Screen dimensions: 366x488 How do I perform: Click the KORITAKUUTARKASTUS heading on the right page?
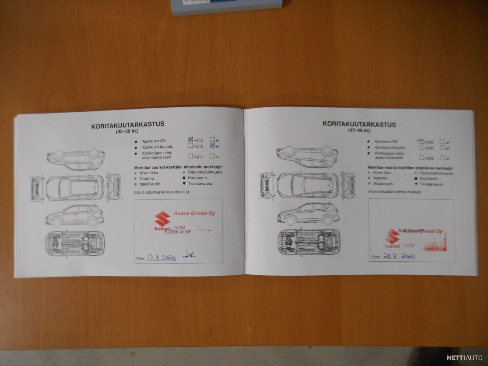(x=359, y=124)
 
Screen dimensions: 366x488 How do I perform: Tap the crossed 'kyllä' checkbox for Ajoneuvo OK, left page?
(x=190, y=139)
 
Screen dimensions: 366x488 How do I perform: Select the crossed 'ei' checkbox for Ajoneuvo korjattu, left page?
(x=212, y=146)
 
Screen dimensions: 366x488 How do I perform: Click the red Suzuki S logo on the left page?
(x=162, y=220)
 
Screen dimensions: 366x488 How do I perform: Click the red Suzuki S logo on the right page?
(x=392, y=237)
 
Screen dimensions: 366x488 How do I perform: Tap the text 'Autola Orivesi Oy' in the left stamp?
(x=194, y=213)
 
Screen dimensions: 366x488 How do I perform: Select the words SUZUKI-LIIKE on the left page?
(x=178, y=232)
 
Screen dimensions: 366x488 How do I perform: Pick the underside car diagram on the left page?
(x=75, y=242)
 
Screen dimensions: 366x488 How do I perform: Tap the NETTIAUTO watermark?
(x=464, y=358)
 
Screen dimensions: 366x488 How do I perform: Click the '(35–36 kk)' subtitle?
(x=127, y=131)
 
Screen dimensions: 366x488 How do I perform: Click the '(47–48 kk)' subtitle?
(x=359, y=130)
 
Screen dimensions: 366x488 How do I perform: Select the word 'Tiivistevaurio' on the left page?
(x=200, y=183)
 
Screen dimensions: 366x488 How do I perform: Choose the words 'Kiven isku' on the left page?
(x=149, y=172)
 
